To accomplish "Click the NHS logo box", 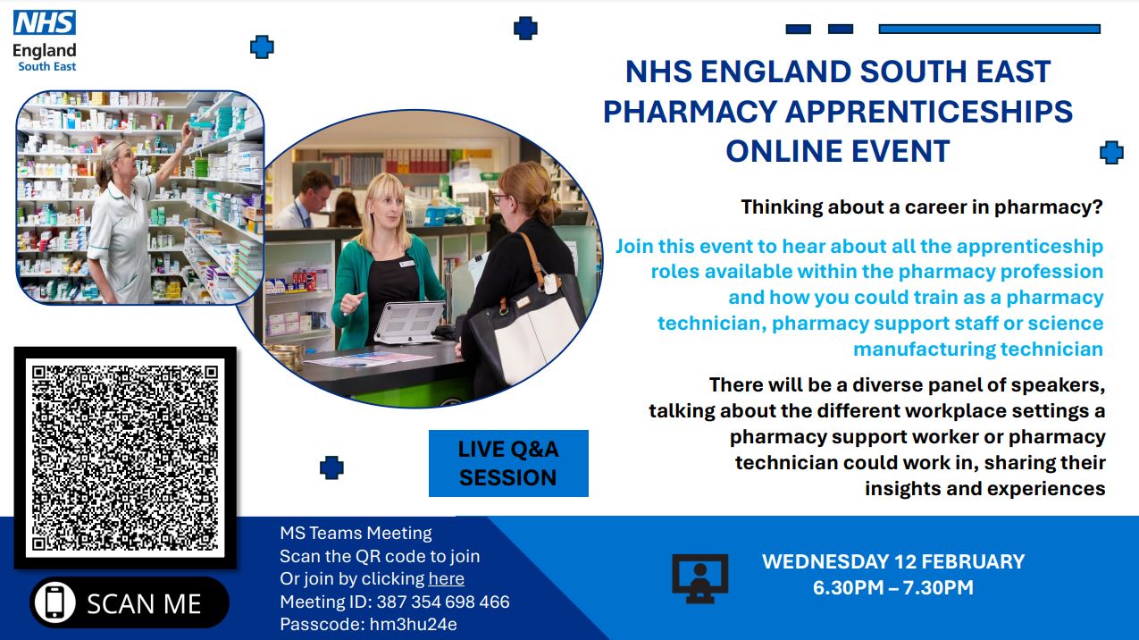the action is coord(45,22).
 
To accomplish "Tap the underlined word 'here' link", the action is coord(446,579).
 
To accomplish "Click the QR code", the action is coord(125,458).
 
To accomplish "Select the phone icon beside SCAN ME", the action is coord(54,602).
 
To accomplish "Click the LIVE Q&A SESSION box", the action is coord(508,463).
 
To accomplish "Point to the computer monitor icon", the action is coord(699,578).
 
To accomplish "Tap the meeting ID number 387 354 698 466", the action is coord(443,602).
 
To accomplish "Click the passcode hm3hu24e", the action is coord(413,624).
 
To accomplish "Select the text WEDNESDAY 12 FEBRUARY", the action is coord(893,561).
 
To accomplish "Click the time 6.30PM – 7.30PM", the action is coord(893,587).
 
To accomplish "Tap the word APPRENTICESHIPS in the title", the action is coord(929,112).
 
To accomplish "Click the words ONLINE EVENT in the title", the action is coord(838,151).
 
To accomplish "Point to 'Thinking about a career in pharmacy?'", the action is coord(922,207).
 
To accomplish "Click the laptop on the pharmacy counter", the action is coord(409,322).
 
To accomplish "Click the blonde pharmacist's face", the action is coord(387,208).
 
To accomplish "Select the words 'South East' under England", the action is coord(46,67).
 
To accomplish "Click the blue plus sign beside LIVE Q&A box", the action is coord(331,467).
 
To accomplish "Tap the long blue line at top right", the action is coord(990,29).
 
